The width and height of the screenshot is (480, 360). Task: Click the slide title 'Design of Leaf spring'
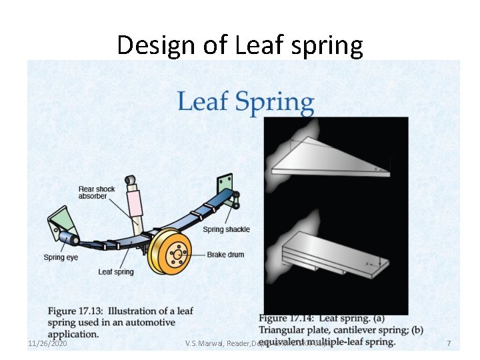click(240, 45)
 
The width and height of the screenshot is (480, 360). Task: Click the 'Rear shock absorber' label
click(97, 193)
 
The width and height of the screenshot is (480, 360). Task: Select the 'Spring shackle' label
click(226, 229)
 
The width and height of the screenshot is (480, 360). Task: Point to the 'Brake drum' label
click(225, 255)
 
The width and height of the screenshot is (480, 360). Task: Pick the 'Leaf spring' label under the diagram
click(116, 271)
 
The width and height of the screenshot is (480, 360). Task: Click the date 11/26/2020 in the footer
click(47, 343)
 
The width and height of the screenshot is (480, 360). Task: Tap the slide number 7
click(449, 343)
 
